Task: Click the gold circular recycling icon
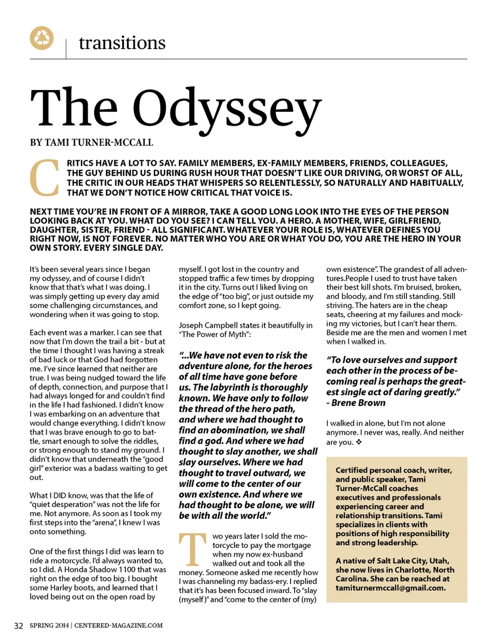click(x=42, y=38)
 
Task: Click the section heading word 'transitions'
click(x=122, y=42)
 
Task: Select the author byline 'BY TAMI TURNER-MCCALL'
click(x=92, y=142)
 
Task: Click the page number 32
click(x=19, y=625)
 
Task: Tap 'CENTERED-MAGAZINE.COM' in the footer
click(x=119, y=625)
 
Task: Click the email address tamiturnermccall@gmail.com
click(x=390, y=588)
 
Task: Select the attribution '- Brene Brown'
click(x=356, y=402)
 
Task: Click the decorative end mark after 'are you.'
click(x=359, y=442)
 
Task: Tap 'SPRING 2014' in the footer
click(x=49, y=625)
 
